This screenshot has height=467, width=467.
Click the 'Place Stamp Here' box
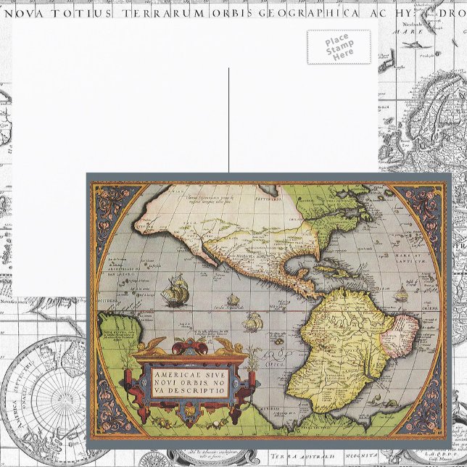pos(336,46)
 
